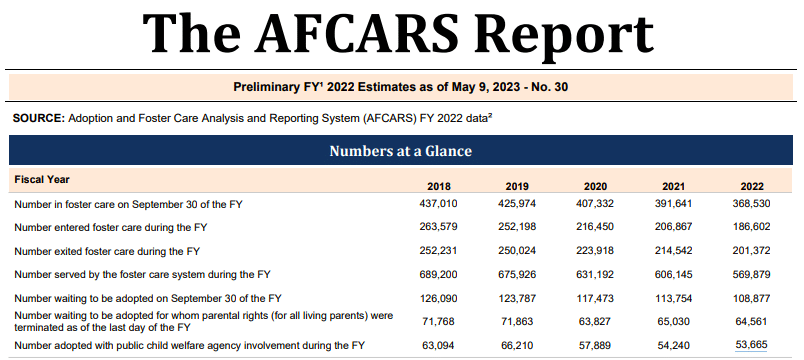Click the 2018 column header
(438, 186)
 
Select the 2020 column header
(595, 186)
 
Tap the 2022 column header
(752, 186)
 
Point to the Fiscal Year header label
(42, 179)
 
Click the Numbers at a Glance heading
(400, 151)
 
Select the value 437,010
(438, 204)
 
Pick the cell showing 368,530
(752, 204)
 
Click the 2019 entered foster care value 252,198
(517, 227)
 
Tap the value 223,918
(595, 251)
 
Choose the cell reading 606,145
(673, 275)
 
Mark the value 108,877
(752, 298)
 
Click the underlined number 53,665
(752, 345)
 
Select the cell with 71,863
(517, 322)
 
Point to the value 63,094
(438, 345)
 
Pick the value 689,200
(438, 275)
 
